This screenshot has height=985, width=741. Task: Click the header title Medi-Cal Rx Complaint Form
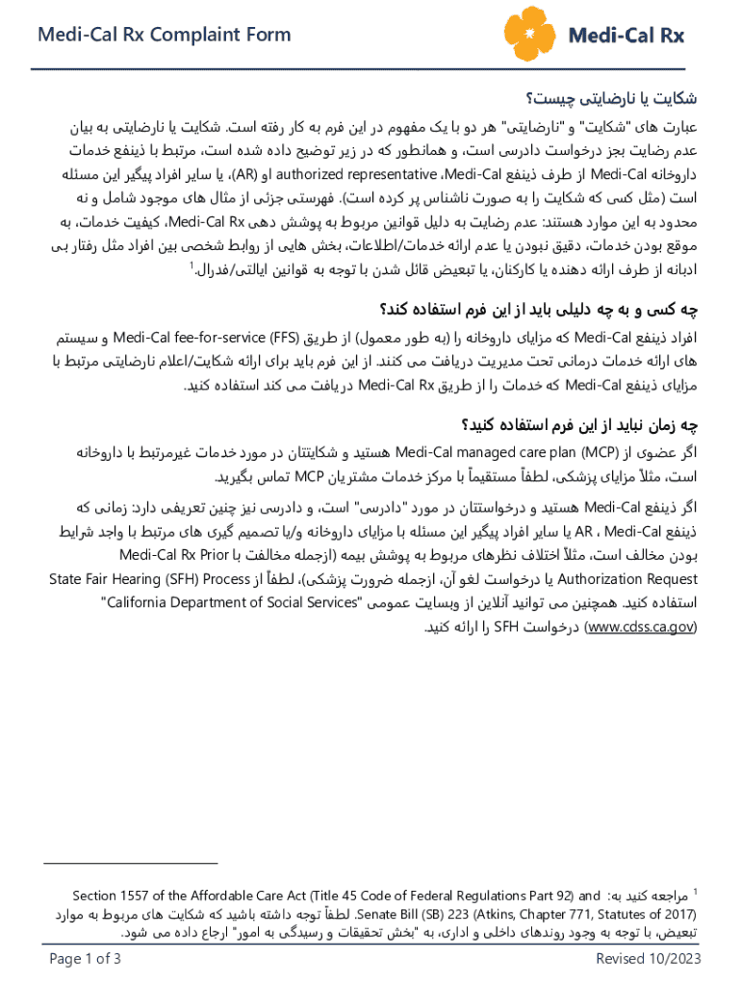tap(163, 36)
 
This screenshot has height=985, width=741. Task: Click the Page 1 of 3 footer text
tap(85, 958)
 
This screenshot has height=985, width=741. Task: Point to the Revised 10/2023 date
tap(649, 958)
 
